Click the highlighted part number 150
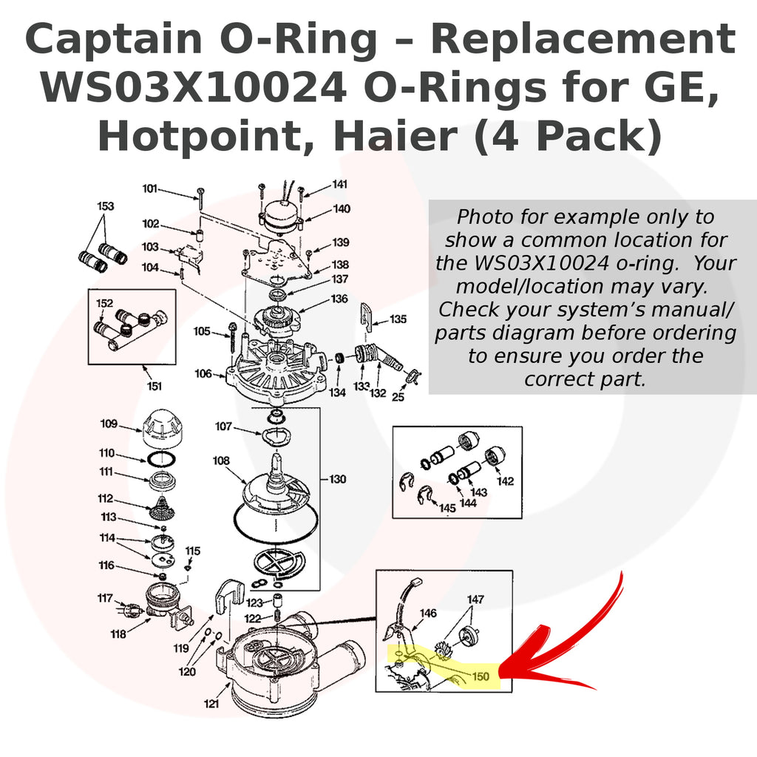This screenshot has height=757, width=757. [x=481, y=676]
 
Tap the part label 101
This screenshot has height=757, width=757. [x=150, y=189]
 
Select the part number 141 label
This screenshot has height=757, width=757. [x=339, y=184]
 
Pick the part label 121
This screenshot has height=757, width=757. [x=211, y=704]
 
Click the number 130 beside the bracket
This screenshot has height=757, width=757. [x=337, y=479]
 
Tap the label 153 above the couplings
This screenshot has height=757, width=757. [x=106, y=206]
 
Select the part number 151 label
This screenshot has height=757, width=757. [x=153, y=385]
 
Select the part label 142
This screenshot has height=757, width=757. [x=505, y=481]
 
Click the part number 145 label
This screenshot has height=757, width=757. [x=448, y=509]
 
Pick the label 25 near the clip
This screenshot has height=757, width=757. [x=398, y=397]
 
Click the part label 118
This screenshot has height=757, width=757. [x=118, y=634]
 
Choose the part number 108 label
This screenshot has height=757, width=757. [x=221, y=461]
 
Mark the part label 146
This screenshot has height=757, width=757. [x=428, y=613]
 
